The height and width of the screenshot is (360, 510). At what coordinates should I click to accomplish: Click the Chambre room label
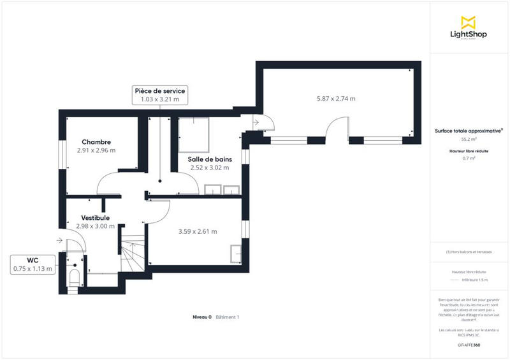[x=96, y=142]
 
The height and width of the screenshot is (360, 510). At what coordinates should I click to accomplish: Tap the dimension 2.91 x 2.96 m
[x=96, y=150]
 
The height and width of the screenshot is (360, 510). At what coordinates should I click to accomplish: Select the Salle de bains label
[x=209, y=159]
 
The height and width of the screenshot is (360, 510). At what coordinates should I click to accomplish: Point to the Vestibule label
[x=95, y=217]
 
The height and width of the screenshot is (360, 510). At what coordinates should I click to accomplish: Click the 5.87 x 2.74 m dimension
[x=336, y=99]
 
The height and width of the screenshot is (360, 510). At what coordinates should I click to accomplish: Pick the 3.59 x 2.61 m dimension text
[x=198, y=231]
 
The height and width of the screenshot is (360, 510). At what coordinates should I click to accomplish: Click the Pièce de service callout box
[x=159, y=96]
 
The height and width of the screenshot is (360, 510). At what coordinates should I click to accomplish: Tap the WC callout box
[x=33, y=264]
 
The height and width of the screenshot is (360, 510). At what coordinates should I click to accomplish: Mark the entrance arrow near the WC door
[x=59, y=241]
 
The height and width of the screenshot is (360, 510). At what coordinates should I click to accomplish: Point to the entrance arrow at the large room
[x=255, y=120]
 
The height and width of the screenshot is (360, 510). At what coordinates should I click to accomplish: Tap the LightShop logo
[x=469, y=28]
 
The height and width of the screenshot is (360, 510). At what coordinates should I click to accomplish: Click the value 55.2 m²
[x=469, y=138]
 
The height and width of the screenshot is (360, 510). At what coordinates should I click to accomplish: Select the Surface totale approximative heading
[x=469, y=130]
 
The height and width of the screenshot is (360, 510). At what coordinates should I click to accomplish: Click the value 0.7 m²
[x=469, y=159]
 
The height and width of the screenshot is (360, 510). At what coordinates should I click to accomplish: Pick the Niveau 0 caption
[x=202, y=317]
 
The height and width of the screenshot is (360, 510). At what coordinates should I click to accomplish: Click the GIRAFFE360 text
[x=469, y=345]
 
